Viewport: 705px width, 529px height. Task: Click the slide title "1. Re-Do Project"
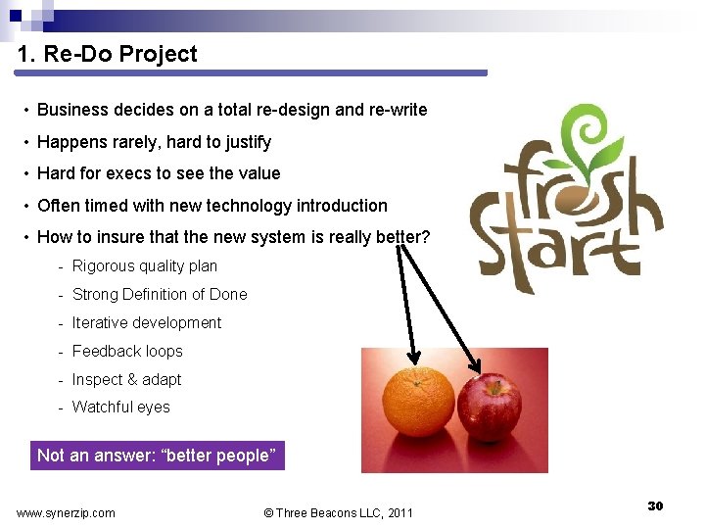108,55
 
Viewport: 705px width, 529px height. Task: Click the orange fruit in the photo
418,402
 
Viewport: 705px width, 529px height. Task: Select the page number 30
656,505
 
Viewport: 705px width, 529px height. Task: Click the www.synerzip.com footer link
66,512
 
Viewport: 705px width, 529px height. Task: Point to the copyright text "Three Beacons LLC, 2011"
340,512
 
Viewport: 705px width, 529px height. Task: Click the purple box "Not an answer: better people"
158,456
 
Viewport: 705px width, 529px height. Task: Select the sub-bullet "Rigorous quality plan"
145,265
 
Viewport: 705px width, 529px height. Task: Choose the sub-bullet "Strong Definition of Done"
160,294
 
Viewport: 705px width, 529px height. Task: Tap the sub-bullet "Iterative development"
147,322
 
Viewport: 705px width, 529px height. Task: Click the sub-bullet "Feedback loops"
127,351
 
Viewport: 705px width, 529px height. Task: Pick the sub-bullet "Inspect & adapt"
126,379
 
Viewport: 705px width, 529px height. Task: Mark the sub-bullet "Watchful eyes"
120,407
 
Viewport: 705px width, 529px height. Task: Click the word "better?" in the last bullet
403,237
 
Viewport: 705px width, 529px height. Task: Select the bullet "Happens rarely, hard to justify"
154,142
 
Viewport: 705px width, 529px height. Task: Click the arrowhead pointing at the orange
413,358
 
